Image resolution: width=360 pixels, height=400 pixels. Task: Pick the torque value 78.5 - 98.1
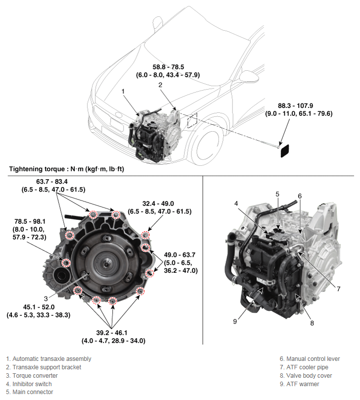pyautogui.click(x=30, y=222)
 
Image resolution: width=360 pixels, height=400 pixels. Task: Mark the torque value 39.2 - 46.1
pyautogui.click(x=113, y=333)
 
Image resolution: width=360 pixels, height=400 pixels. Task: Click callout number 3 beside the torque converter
pyautogui.click(x=45, y=299)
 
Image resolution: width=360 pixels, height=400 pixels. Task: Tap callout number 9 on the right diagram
pyautogui.click(x=235, y=321)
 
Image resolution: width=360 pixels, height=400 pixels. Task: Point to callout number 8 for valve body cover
pyautogui.click(x=312, y=323)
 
